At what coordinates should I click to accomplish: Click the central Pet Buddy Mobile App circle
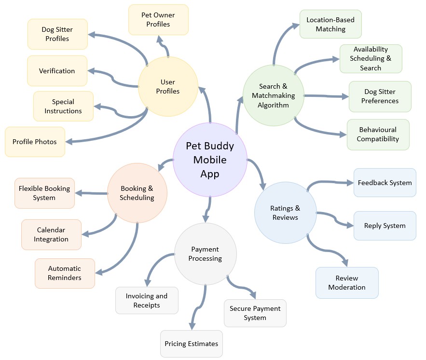click(x=209, y=160)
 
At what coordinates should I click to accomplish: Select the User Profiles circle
click(x=168, y=87)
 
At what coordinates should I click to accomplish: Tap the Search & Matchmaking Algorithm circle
click(x=273, y=95)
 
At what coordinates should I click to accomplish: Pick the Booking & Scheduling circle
click(x=137, y=193)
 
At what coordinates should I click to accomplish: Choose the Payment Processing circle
click(x=205, y=253)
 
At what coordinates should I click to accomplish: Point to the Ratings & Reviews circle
click(x=285, y=213)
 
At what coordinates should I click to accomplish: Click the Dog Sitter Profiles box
click(x=57, y=34)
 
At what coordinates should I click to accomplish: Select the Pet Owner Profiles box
click(x=158, y=19)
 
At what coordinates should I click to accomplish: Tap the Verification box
click(x=57, y=71)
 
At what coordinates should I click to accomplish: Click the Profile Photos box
click(x=35, y=142)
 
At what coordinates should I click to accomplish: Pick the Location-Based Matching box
click(x=330, y=24)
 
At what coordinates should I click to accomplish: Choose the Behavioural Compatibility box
click(x=378, y=134)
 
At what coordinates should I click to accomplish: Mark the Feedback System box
click(x=385, y=183)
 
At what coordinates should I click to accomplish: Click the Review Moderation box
click(x=347, y=282)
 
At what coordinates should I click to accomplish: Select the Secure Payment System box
click(x=255, y=313)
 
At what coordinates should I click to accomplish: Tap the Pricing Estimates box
click(x=191, y=344)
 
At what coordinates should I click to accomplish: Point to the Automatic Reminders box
click(x=65, y=273)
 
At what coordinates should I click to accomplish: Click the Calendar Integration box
click(x=51, y=235)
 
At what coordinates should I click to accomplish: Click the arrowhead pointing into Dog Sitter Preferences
click(x=345, y=96)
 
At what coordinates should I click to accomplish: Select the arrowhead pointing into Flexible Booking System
click(x=78, y=193)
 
